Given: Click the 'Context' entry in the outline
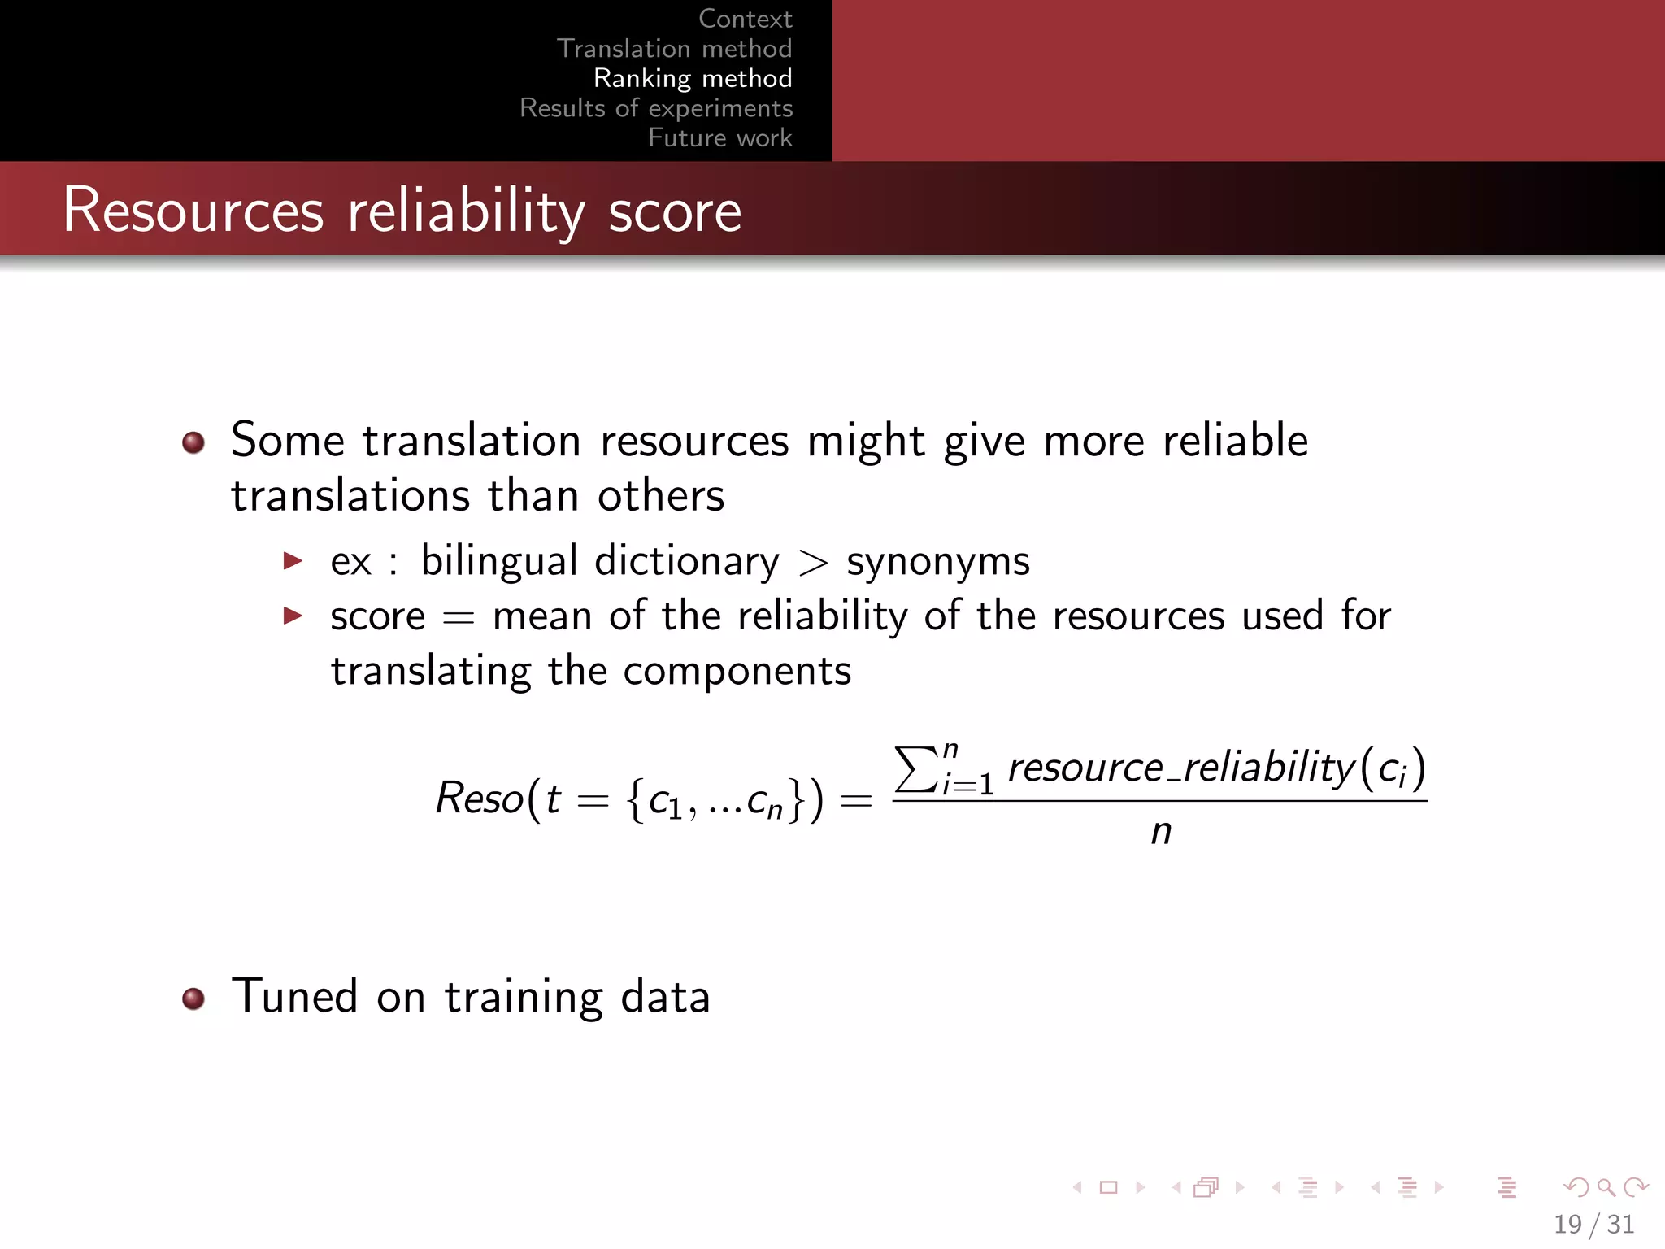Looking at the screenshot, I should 745,19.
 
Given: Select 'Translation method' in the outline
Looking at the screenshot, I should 674,49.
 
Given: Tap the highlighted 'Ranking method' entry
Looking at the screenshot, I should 693,78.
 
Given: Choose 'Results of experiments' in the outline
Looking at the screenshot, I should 656,108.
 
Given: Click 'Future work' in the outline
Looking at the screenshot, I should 719,137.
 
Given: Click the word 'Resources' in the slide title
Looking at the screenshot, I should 193,211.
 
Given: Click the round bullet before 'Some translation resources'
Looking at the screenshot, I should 193,442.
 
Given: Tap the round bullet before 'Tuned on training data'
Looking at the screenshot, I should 193,998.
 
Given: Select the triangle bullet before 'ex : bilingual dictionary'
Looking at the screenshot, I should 293,560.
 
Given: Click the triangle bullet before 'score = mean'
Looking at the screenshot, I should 293,616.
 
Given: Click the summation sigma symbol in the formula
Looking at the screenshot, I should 915,768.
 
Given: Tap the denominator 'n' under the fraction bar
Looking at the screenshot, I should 1161,832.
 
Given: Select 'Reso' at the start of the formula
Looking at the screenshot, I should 480,798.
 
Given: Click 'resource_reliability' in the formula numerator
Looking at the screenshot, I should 1180,768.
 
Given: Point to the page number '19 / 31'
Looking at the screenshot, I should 1593,1224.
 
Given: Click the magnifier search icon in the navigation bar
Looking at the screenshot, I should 1606,1187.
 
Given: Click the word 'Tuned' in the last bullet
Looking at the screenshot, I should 294,997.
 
